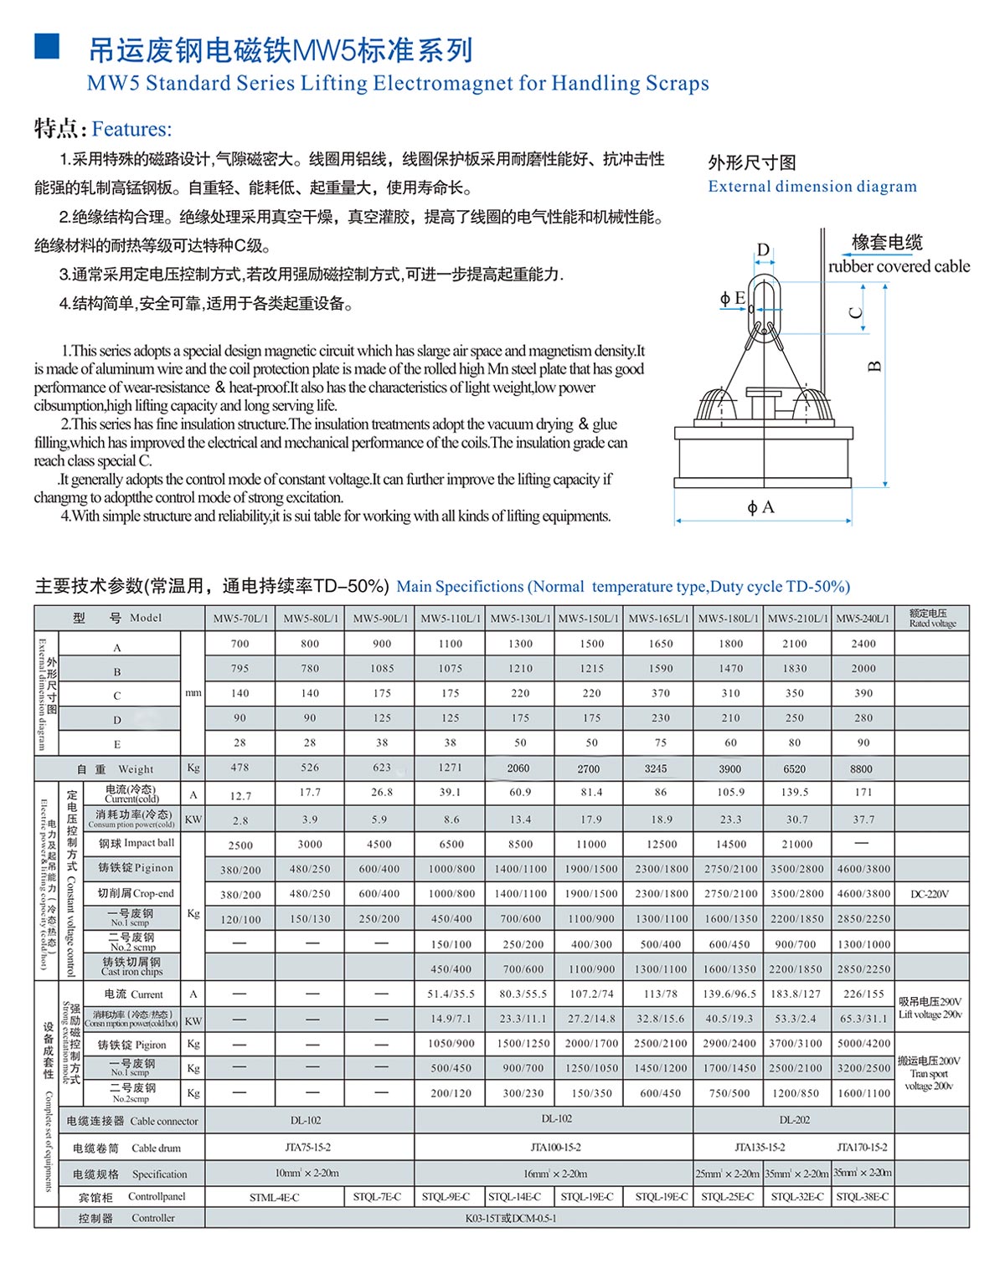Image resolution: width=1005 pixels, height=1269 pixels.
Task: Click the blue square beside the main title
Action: (x=47, y=47)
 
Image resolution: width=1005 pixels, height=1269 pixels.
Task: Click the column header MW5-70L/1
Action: (x=240, y=619)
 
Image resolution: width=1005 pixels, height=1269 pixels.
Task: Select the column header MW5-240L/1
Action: (x=863, y=619)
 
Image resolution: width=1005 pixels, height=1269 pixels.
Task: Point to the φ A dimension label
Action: (x=760, y=507)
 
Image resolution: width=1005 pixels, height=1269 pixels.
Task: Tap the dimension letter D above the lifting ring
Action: (x=763, y=249)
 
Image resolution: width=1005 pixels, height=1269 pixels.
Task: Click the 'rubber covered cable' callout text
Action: (x=899, y=266)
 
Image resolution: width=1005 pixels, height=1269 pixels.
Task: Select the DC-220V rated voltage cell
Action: (x=930, y=894)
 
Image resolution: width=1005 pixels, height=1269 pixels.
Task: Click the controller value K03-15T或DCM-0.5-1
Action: (x=510, y=1218)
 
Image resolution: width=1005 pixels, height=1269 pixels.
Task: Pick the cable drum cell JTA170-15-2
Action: (x=862, y=1147)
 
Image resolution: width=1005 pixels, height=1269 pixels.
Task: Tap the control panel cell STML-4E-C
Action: (x=274, y=1197)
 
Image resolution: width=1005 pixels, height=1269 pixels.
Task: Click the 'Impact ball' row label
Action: (x=137, y=844)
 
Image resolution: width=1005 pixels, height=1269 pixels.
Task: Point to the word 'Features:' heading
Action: (x=131, y=130)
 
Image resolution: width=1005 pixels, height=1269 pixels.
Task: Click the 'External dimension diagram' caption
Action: (x=812, y=186)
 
